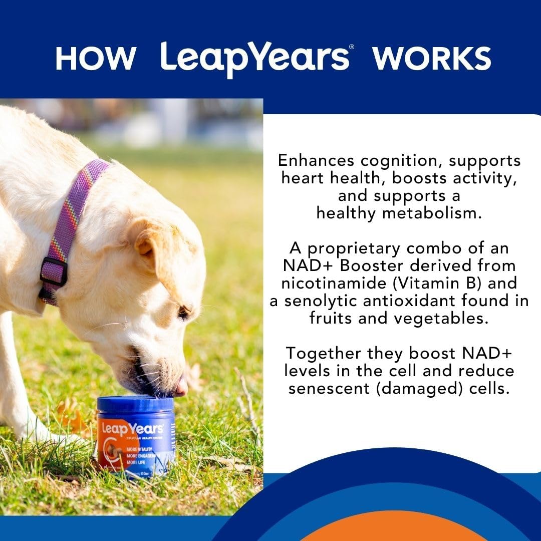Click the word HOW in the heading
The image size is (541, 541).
coord(95,59)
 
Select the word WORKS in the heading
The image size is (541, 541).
coord(431,59)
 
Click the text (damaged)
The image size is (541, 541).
coord(411,388)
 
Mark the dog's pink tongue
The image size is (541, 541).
coord(181,387)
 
